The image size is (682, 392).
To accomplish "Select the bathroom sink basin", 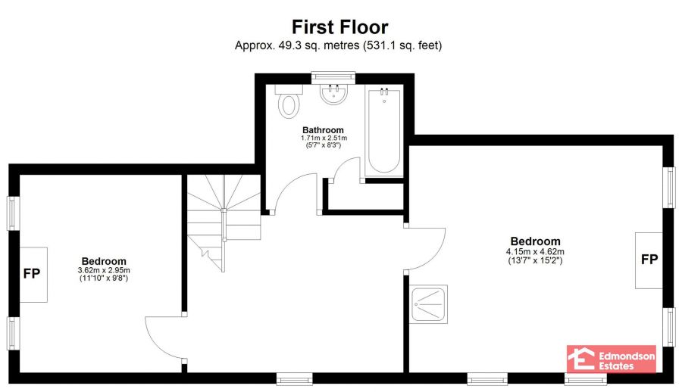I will point(333,95).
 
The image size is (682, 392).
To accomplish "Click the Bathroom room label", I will point(323,129).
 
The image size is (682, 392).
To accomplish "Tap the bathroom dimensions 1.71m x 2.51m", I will point(323,138).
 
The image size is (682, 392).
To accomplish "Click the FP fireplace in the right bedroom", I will point(649,260).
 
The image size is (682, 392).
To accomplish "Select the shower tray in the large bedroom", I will point(428,305).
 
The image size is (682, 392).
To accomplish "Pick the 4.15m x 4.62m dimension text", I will point(535,252).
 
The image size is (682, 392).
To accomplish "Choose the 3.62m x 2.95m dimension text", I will point(104,270).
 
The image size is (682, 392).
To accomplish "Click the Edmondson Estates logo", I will point(612,359).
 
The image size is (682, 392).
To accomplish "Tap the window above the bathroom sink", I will point(333,76).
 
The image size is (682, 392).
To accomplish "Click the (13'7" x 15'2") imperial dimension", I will point(535,261).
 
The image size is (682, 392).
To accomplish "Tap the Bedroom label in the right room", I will point(535,242).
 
